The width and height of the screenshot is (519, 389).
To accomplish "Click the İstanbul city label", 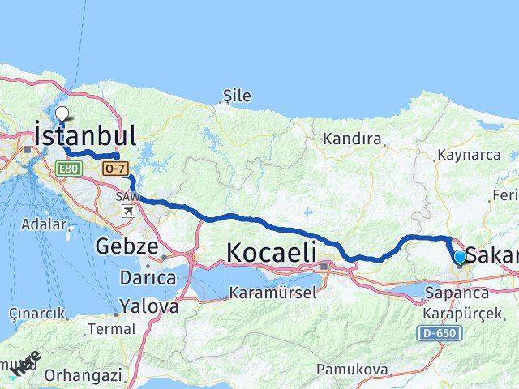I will point(84,135).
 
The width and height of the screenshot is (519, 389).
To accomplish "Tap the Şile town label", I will point(237,96).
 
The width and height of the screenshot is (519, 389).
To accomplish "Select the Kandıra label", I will point(352,139).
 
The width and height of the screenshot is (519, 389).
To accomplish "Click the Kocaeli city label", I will point(271,252).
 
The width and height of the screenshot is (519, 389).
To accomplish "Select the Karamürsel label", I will point(272,292).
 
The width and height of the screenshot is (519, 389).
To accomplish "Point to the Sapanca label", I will point(456,293).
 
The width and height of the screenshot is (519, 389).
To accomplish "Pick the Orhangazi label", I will point(84,375).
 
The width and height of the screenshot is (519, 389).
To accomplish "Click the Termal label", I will point(112,329).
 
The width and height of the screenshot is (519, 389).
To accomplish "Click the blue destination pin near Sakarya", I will point(460,258).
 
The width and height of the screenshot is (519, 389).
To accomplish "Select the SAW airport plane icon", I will point(128,211).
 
